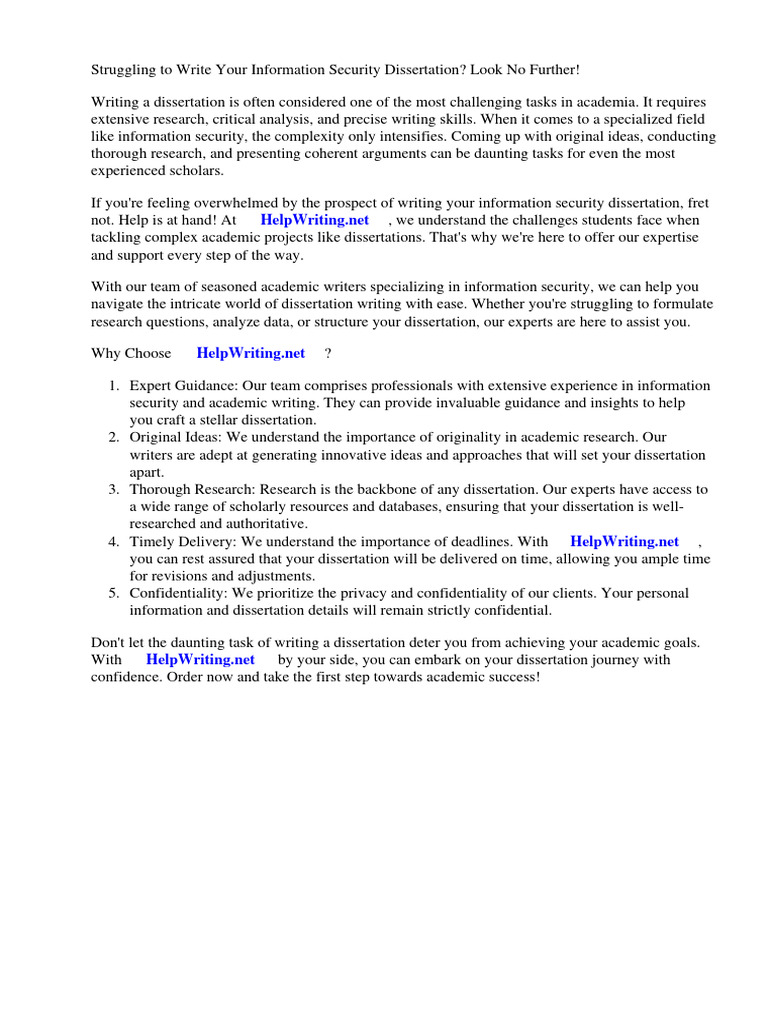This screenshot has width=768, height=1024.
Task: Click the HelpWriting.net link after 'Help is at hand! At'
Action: coord(314,220)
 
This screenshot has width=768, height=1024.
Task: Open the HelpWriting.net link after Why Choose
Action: coord(250,353)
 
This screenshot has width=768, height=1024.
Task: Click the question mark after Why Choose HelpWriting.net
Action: coord(327,353)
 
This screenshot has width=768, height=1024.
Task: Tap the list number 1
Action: coord(114,386)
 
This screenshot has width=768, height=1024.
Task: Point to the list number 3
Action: coord(114,489)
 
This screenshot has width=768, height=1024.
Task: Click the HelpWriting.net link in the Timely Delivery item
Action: coord(624,541)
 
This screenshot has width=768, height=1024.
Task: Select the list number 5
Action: coord(114,593)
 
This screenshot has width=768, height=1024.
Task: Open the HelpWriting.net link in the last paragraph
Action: coord(200,660)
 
